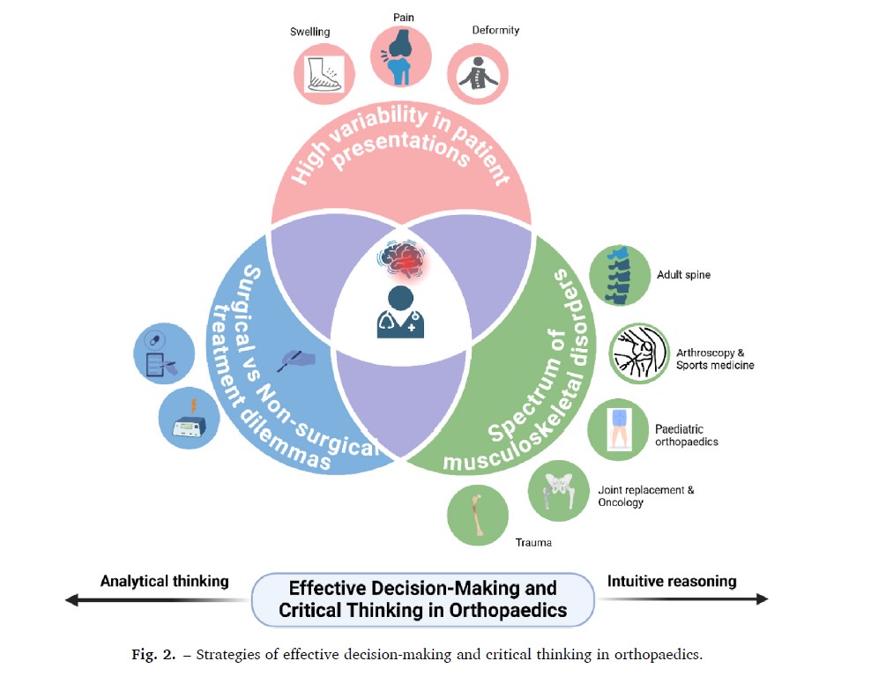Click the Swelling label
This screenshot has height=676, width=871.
tap(309, 32)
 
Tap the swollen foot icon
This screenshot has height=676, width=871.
tap(324, 74)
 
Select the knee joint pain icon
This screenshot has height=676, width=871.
tap(401, 56)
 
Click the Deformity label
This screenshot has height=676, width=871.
tap(495, 30)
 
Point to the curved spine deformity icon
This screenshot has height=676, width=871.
tap(478, 74)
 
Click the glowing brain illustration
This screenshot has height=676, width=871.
tap(404, 257)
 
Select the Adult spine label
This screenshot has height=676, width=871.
tap(683, 274)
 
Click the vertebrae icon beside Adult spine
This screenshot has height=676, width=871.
tap(620, 276)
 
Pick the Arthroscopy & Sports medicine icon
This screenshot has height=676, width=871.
tap(639, 353)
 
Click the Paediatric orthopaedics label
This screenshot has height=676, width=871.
tap(687, 435)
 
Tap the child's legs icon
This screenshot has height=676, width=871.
tap(618, 429)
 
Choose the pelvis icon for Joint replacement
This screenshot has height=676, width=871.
tap(558, 491)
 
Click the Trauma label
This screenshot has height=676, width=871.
tap(533, 543)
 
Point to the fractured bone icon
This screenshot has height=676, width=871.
tap(478, 515)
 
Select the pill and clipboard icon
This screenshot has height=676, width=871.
tap(165, 353)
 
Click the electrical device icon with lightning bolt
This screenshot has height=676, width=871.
tap(189, 418)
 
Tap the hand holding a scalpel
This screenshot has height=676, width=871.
tap(296, 360)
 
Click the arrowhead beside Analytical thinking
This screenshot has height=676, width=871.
tap(71, 600)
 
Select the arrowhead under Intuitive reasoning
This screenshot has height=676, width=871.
tap(762, 598)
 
